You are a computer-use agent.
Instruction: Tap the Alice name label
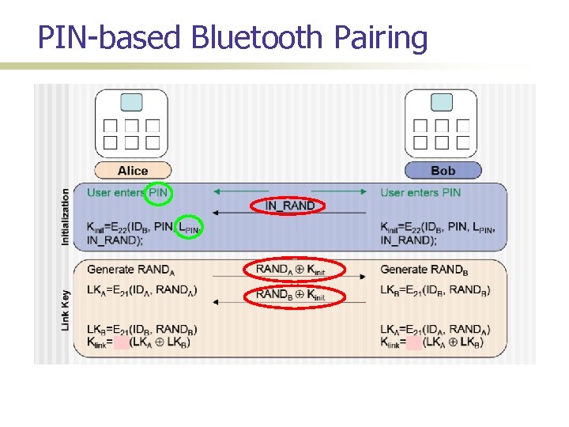[133, 170]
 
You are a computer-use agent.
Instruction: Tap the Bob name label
[443, 170]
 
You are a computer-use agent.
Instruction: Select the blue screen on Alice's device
[132, 102]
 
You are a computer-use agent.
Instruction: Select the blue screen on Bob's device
[442, 102]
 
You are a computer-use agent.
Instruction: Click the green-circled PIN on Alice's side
[159, 192]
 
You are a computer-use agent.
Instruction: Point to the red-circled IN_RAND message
[290, 206]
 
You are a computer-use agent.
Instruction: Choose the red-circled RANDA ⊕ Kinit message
[290, 270]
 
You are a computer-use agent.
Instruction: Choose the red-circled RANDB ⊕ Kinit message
[290, 295]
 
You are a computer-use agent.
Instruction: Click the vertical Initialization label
[66, 216]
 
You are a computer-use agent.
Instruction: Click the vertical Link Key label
[66, 308]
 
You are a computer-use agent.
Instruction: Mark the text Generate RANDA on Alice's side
[131, 270]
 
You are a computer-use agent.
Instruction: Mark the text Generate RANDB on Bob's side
[424, 270]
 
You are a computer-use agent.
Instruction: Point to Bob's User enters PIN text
[420, 192]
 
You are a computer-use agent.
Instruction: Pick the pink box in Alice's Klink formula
[122, 342]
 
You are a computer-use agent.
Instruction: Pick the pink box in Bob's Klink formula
[414, 342]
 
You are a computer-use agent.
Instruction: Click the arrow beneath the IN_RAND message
[290, 213]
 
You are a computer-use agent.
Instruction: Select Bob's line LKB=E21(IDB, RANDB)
[435, 290]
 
